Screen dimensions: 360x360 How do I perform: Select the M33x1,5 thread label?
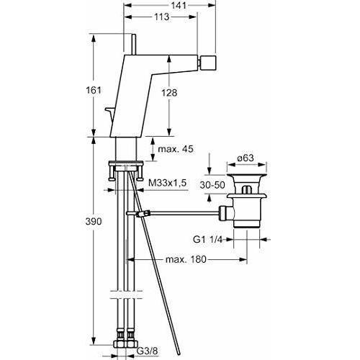[167, 184]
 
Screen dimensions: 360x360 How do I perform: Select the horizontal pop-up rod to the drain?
[180, 212]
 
